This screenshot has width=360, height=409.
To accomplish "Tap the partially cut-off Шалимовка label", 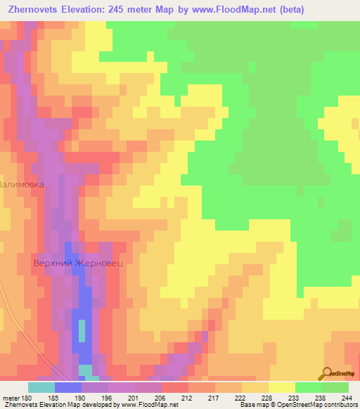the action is [22, 184].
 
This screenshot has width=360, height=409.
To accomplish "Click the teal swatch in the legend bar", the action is [41, 387].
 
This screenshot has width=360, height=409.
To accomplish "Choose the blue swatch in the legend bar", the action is [68, 387].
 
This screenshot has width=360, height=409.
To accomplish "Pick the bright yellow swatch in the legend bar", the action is [281, 387].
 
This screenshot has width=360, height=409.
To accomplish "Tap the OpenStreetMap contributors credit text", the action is [310, 405].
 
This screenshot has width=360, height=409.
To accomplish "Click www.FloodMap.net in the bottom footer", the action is [148, 405].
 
